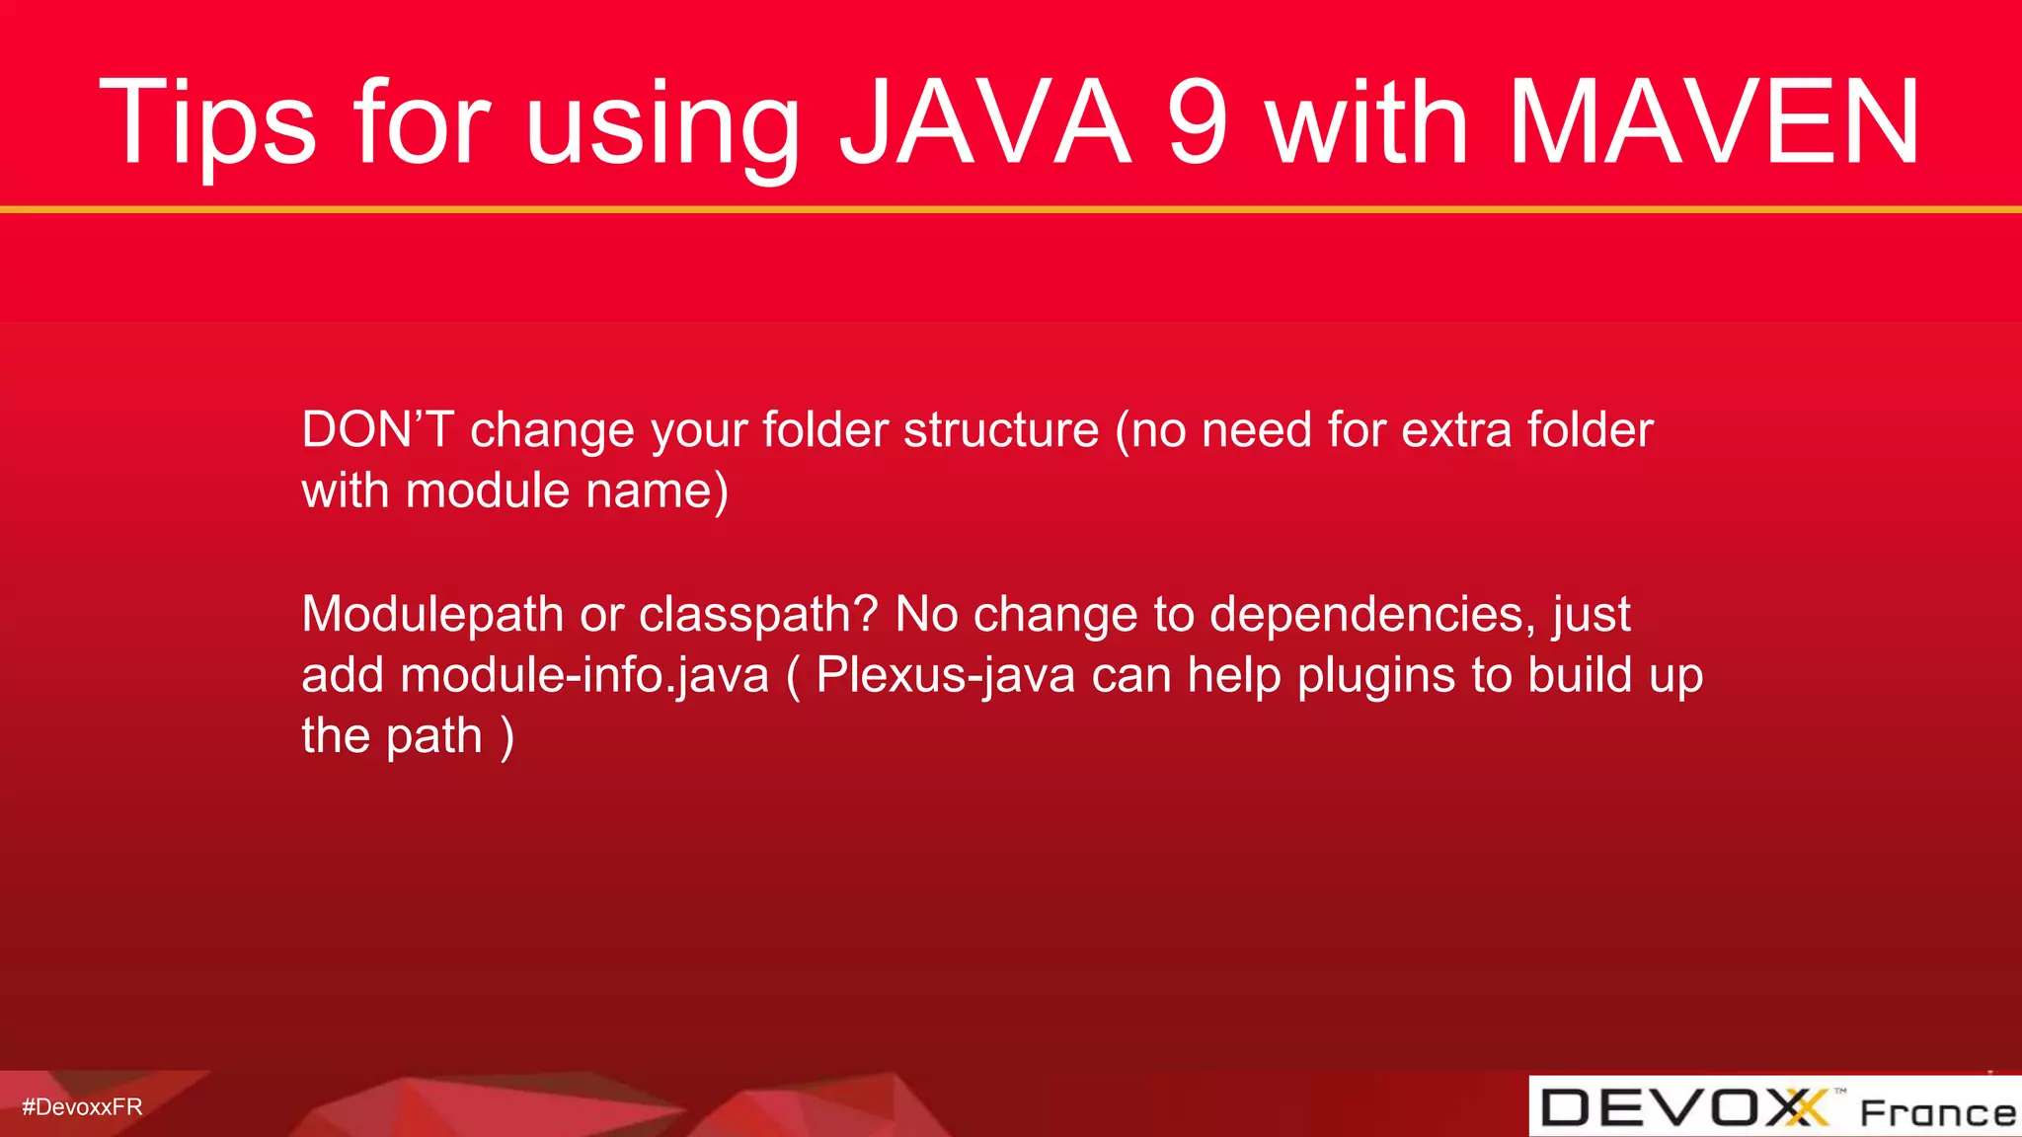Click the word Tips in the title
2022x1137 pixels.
click(207, 123)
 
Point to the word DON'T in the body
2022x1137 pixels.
click(377, 429)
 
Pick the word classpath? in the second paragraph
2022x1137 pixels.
click(758, 614)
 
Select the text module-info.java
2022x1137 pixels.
click(584, 675)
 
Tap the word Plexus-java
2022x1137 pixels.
click(945, 675)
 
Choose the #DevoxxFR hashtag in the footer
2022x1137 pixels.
click(82, 1106)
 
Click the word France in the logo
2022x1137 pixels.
click(1937, 1112)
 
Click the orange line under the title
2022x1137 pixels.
click(1011, 209)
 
